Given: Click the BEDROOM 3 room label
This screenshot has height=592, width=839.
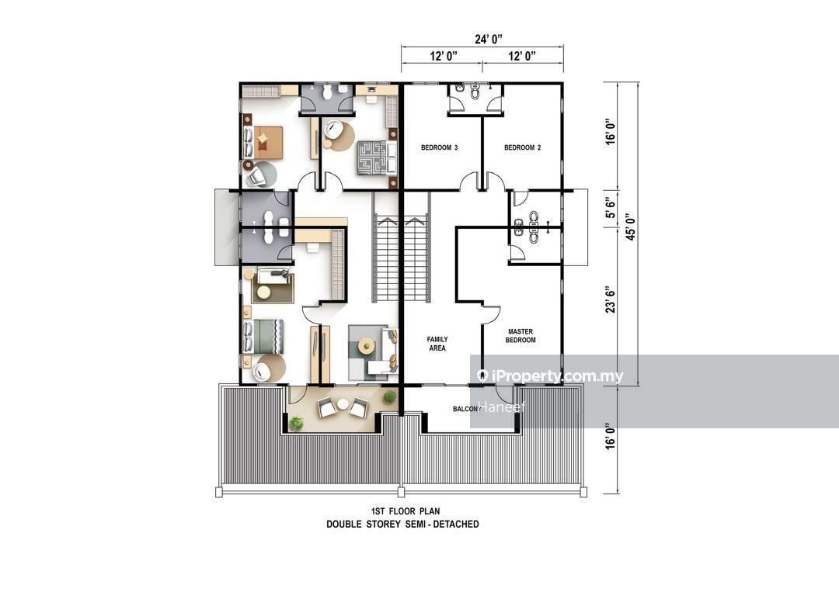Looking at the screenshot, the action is coord(439,147).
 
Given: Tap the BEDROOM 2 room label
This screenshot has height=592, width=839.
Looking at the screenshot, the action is coord(522,147).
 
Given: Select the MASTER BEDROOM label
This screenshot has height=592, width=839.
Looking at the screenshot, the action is coord(520,335).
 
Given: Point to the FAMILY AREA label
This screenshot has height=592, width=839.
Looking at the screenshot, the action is coord(437,344).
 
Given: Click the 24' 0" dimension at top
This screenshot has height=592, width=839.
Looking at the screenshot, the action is coord(489,39).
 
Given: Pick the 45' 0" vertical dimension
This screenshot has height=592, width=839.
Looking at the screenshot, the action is coord(631,227).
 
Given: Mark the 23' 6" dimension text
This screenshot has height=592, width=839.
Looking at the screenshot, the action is coord(611,300).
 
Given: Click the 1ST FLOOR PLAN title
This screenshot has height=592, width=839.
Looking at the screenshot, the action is coord(405,511).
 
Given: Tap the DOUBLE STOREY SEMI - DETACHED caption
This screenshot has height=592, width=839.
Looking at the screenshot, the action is coord(402,524).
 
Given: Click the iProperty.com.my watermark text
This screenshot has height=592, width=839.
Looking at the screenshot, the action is coord(550,376).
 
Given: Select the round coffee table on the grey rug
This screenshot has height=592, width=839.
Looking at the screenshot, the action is coord(367,344).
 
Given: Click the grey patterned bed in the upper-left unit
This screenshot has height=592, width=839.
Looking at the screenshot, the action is coord(377,157).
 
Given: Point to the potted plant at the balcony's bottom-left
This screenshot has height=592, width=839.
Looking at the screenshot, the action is coord(296,423).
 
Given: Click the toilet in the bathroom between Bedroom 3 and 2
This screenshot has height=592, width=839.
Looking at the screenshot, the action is coord(475,93).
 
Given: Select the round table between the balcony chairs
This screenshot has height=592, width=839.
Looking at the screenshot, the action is coord(343,405).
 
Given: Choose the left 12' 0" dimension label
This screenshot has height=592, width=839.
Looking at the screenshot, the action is coord(443,56).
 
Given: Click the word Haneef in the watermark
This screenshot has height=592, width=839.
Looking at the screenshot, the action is coord(501,407).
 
